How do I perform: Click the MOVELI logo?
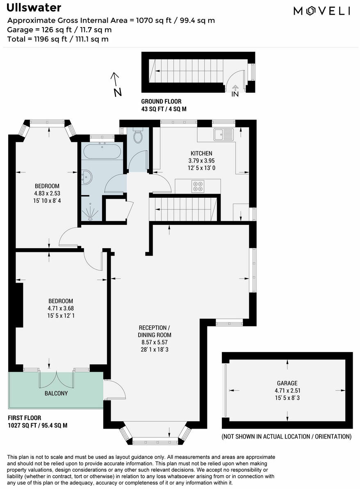[x=322, y=11]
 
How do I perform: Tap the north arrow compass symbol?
[x=116, y=84]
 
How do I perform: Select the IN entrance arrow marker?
[x=235, y=91]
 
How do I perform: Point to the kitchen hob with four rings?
[x=198, y=186]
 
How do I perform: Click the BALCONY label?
[x=56, y=393]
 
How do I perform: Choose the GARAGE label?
[x=287, y=383]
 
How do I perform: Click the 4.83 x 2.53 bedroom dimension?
[x=47, y=193]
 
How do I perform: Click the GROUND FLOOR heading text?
[x=161, y=101]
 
